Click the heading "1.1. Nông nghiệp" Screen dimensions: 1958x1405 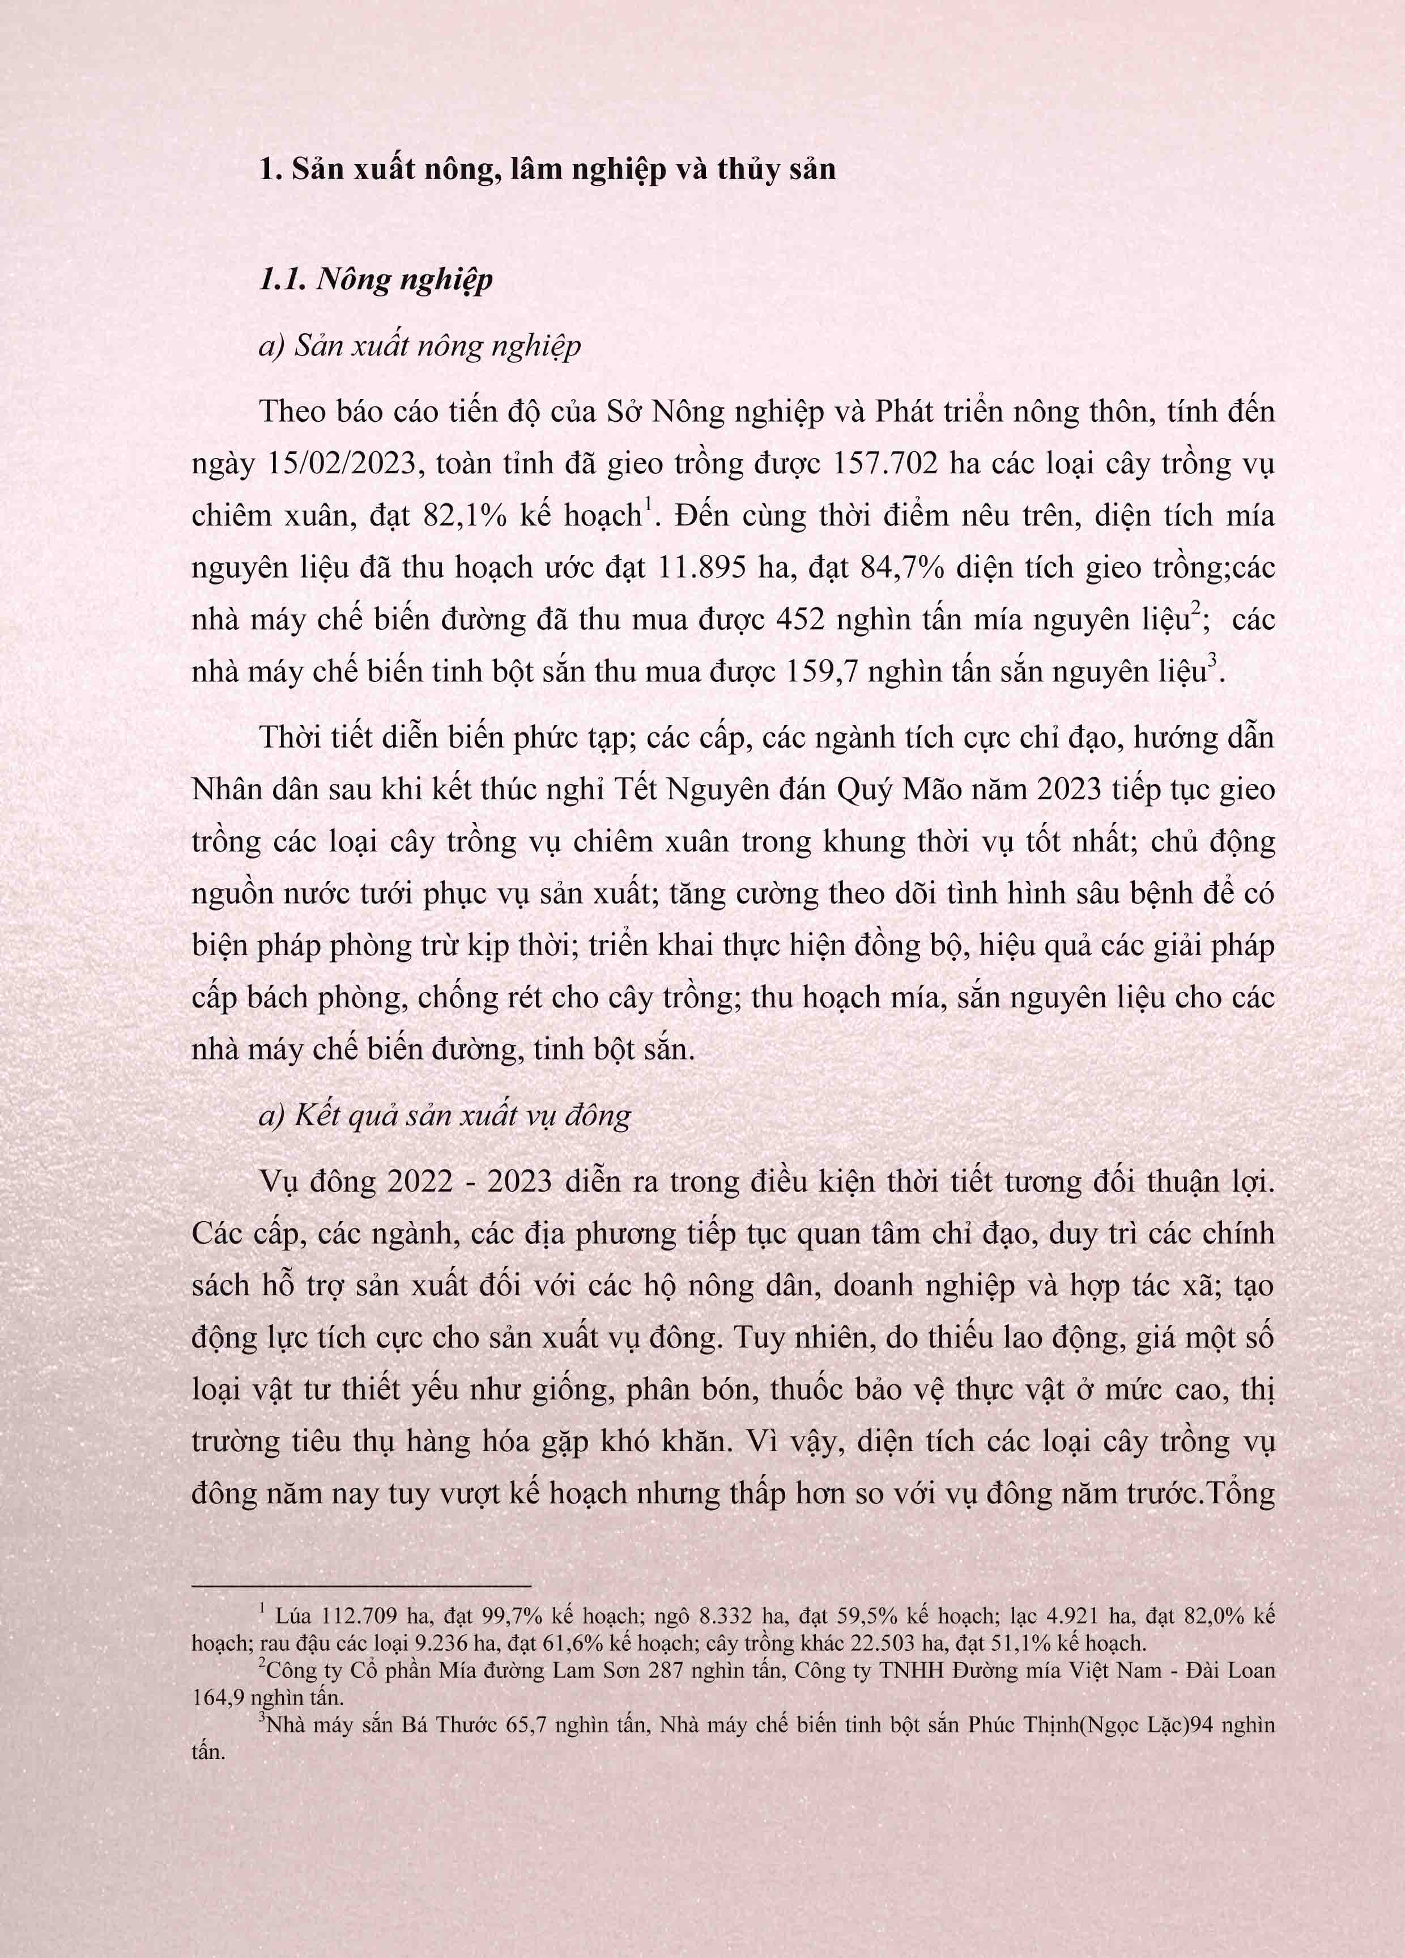point(376,279)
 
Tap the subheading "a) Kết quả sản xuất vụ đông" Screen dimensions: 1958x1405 point(445,1116)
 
